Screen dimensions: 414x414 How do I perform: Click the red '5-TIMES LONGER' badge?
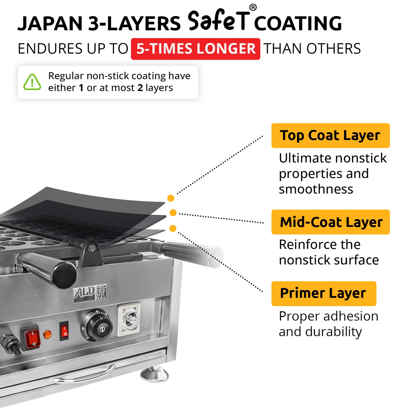click(x=195, y=49)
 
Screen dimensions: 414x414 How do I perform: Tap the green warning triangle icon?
click(x=32, y=82)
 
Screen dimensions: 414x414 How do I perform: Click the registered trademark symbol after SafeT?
click(x=253, y=7)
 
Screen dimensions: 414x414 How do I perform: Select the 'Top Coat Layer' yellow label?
click(x=330, y=136)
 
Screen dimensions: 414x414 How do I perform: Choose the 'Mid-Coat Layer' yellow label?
click(x=330, y=222)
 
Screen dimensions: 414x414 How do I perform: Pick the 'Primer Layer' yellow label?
click(x=323, y=293)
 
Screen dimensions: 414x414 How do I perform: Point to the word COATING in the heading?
click(x=298, y=23)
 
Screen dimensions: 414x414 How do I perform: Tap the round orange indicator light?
click(x=47, y=334)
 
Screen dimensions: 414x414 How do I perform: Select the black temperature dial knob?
click(x=97, y=326)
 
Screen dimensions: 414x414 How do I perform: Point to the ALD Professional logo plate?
click(x=90, y=293)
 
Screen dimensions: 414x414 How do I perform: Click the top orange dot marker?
click(x=171, y=198)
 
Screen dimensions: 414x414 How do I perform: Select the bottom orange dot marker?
click(x=173, y=229)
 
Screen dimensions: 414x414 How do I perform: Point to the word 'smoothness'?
click(x=316, y=189)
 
